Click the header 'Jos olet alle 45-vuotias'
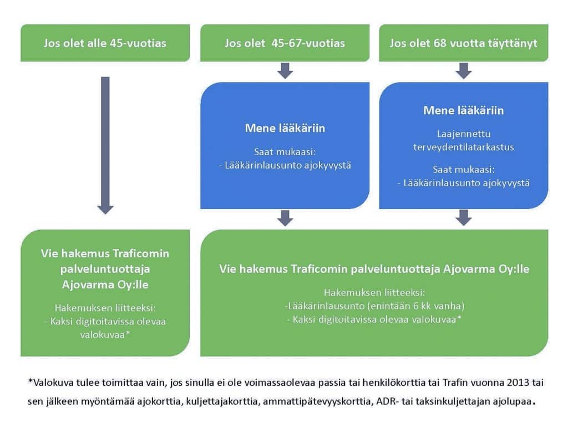tap(105, 43)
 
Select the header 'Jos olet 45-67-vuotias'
tap(285, 43)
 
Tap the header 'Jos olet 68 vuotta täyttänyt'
tap(463, 43)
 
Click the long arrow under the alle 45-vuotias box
tap(105, 145)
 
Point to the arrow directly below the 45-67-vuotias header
tap(285, 70)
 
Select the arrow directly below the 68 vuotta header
tap(464, 70)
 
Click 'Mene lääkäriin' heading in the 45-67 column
tap(285, 128)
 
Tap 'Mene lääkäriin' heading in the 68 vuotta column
tap(464, 110)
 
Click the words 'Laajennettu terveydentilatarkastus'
tap(464, 140)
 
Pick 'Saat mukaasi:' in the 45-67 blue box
tap(285, 152)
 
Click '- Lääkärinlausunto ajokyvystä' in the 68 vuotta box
tap(464, 183)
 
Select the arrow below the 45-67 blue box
tap(285, 218)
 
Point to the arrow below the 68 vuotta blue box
tap(464, 218)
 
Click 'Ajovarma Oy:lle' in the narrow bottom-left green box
tap(105, 284)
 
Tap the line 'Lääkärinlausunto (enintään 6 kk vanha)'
tap(374, 306)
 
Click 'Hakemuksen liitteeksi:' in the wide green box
tap(374, 292)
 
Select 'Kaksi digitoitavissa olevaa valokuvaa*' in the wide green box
tap(374, 319)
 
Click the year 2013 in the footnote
tap(519, 383)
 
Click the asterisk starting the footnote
tap(31, 381)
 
